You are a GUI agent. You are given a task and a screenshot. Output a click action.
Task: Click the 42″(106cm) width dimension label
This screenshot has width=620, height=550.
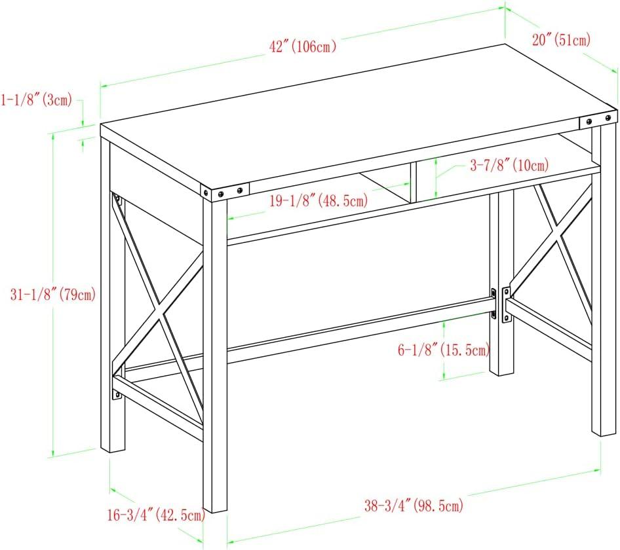303,46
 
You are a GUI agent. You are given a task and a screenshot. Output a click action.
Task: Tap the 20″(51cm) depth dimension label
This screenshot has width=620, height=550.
562,40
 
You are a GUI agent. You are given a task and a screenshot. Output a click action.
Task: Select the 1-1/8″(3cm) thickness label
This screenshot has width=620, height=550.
37,100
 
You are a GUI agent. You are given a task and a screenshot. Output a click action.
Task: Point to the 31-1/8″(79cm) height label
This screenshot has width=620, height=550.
53,295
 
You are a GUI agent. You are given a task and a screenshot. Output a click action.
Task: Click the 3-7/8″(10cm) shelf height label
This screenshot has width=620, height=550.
509,165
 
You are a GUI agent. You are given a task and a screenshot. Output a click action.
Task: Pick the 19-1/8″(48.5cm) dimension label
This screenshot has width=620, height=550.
319,201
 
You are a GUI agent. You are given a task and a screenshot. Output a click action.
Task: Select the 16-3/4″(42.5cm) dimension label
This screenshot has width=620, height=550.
157,515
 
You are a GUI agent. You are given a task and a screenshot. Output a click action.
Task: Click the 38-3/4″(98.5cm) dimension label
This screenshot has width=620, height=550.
414,505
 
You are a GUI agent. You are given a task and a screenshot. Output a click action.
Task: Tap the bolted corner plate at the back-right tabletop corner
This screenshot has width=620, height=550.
598,120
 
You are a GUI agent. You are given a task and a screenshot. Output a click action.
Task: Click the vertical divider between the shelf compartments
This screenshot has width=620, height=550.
413,182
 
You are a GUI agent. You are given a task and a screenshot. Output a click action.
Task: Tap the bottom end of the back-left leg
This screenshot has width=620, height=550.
113,450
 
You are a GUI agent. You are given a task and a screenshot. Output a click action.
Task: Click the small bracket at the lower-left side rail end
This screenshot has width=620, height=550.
117,394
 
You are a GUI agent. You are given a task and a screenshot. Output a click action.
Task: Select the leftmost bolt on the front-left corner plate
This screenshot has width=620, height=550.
206,192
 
